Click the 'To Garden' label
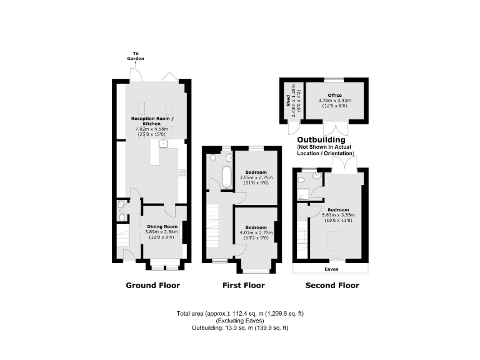tap(137, 56)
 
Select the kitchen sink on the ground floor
tap(162, 143)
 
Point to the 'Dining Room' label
tap(162, 226)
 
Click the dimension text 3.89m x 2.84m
tap(162, 231)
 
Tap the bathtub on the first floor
tap(226, 177)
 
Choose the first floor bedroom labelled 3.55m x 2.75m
tap(256, 177)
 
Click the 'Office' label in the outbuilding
tap(334, 95)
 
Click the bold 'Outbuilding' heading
tap(321, 139)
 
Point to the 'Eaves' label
tap(331, 270)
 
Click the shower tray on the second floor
tap(302, 194)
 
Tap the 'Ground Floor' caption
tap(152, 286)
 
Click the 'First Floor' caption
tap(243, 286)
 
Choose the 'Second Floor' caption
tap(332, 286)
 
